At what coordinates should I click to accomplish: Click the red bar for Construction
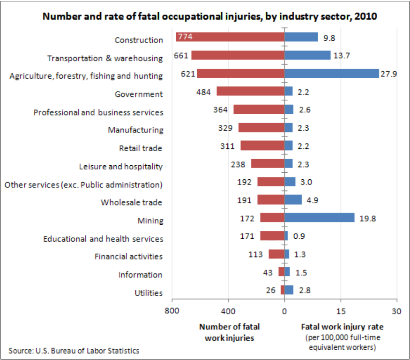230,37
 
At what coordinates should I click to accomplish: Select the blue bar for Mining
319,218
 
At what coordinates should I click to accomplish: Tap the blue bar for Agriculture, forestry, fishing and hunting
331,73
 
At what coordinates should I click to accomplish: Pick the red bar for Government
250,91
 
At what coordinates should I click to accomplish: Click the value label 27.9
389,73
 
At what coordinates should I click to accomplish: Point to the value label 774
185,37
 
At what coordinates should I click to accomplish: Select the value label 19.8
367,218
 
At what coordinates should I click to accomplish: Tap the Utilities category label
149,293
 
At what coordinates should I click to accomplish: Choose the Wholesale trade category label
132,203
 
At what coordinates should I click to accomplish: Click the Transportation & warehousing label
105,59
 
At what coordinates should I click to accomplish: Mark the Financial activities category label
128,257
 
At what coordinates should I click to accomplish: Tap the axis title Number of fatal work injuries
229,332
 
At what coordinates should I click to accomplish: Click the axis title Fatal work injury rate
342,327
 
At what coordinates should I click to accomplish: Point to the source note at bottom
74,350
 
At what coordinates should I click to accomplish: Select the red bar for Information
281,272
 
